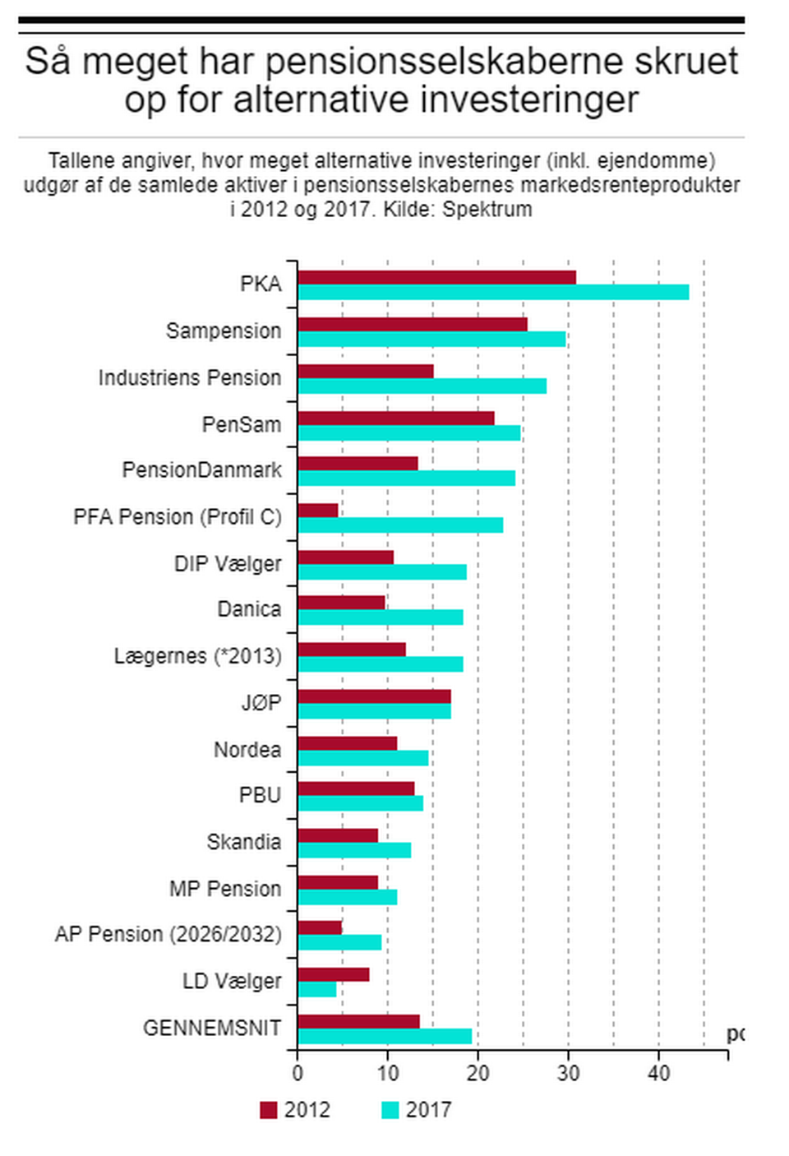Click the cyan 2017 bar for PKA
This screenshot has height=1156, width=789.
[x=493, y=293]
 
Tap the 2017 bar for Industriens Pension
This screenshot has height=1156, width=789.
[x=422, y=386]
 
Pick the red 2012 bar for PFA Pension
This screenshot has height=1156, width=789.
[x=318, y=511]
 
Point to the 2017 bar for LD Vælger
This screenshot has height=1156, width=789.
[x=317, y=990]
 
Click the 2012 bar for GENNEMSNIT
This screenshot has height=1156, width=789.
[x=358, y=1022]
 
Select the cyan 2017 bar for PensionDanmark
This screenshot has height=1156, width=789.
[x=406, y=479]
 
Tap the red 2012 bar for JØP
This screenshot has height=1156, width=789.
[x=374, y=697]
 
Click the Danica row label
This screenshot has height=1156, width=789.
[x=249, y=609]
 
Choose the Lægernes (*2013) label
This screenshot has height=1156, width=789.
[x=197, y=656]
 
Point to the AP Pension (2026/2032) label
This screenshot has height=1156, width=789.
[x=168, y=935]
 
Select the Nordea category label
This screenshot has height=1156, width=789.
[x=247, y=750]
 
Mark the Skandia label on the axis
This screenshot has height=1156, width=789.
[x=244, y=842]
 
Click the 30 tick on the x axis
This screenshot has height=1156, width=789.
[x=568, y=1073]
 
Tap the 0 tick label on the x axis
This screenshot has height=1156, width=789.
[x=298, y=1073]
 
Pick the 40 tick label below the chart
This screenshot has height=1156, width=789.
[x=658, y=1073]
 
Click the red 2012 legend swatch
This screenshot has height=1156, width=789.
[x=269, y=1110]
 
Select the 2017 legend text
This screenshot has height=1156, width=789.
[x=428, y=1110]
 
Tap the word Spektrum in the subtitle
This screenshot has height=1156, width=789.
[x=487, y=209]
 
